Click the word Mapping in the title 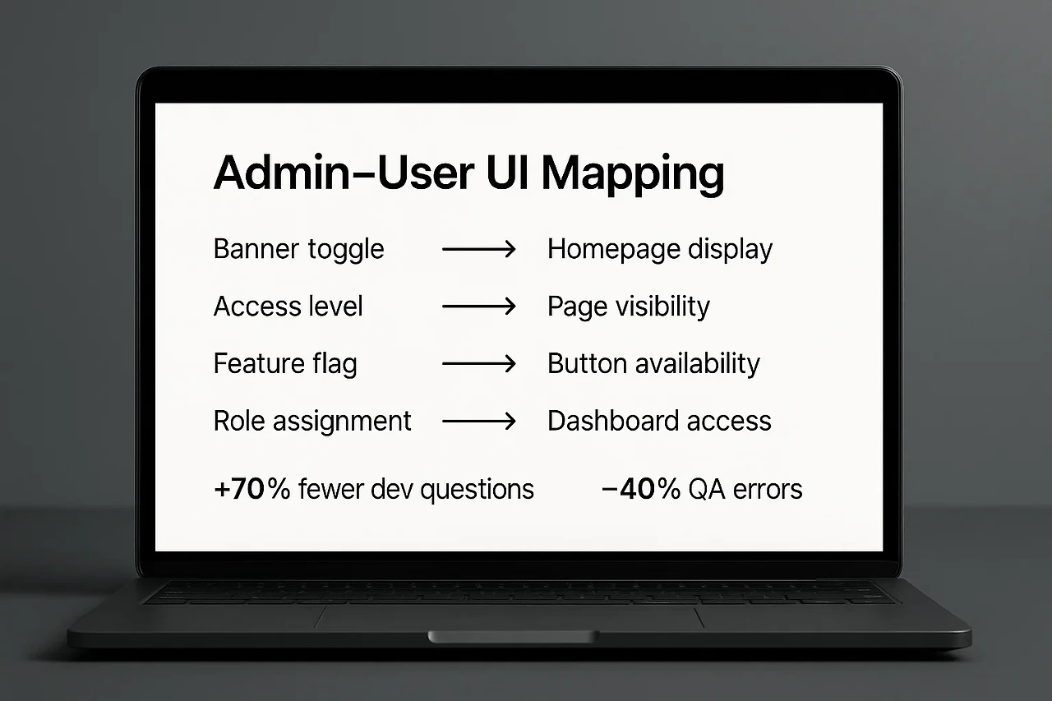point(633,174)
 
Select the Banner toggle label point(298,249)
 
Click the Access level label point(288,307)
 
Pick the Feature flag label point(285,364)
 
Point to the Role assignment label point(312,422)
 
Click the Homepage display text point(660,249)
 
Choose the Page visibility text point(629,307)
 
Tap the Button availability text point(653,364)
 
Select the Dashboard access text point(659,422)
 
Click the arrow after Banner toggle point(478,249)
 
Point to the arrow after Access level point(478,307)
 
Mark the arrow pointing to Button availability point(478,364)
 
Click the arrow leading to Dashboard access point(478,422)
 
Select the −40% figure point(641,489)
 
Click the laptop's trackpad point(510,616)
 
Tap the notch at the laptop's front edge point(511,637)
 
